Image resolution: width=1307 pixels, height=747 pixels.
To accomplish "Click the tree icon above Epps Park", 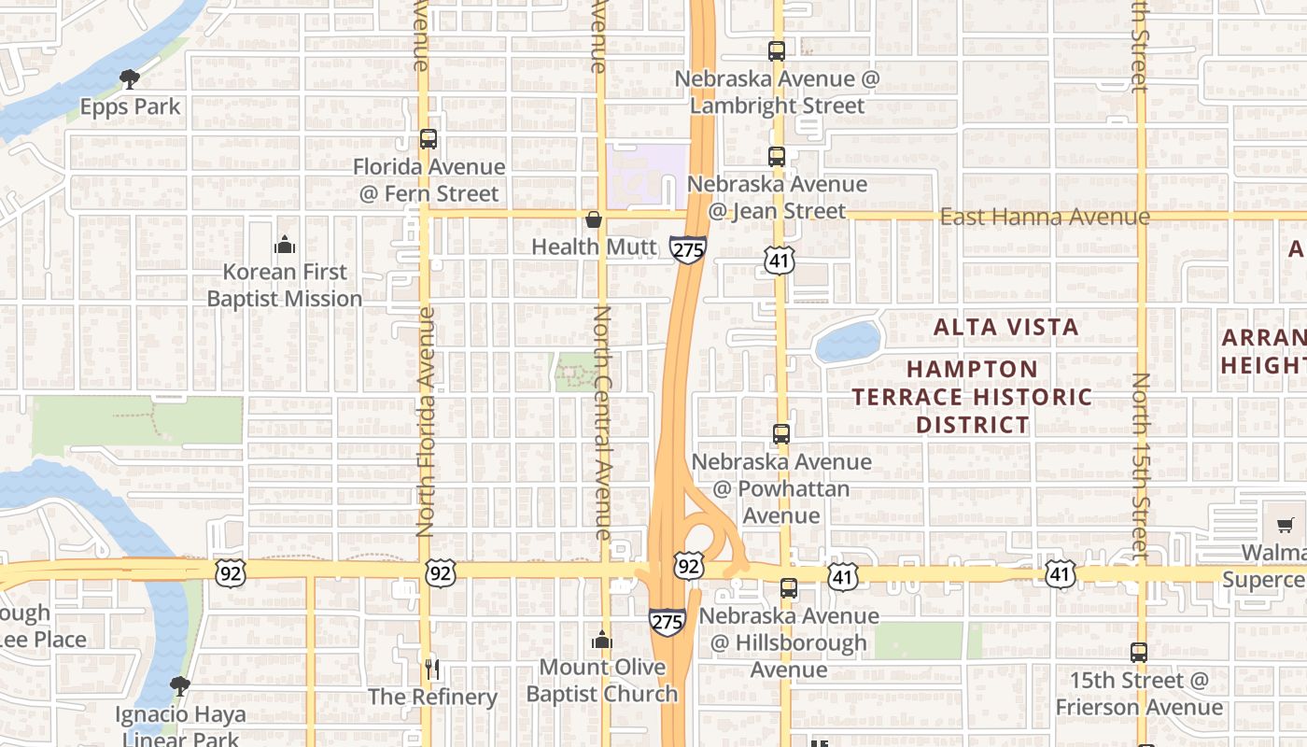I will [x=130, y=79].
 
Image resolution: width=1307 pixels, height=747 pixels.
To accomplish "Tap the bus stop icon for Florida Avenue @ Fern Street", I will [x=429, y=139].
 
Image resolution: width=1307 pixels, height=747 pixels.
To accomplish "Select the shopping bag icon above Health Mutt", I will [x=593, y=220].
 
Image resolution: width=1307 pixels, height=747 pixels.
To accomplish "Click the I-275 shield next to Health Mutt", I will [x=687, y=249].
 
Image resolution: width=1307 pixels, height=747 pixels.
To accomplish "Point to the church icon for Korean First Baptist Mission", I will [x=285, y=246].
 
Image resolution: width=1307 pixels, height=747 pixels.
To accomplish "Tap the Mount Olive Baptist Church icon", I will [x=602, y=641].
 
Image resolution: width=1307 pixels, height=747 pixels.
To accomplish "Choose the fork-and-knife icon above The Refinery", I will [x=431, y=669].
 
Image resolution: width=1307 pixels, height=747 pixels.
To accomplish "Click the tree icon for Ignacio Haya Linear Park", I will [x=180, y=687].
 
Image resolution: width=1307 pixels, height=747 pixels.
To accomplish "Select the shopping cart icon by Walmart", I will [x=1286, y=525].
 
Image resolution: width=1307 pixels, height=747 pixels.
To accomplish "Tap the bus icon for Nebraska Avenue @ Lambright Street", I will [x=777, y=51].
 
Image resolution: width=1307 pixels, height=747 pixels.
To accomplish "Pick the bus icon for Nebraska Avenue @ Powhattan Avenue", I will [x=781, y=434].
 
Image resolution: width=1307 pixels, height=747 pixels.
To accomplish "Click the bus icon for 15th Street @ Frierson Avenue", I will [x=1139, y=653].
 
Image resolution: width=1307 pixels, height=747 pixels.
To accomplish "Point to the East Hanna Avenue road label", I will [x=1045, y=218].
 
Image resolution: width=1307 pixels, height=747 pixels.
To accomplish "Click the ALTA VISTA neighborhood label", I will [x=1006, y=327].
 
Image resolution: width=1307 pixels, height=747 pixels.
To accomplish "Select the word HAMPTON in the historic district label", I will [x=972, y=370].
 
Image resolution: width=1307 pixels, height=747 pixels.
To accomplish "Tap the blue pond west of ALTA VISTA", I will [x=848, y=343].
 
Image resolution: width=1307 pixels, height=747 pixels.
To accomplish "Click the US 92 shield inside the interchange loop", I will [x=689, y=565].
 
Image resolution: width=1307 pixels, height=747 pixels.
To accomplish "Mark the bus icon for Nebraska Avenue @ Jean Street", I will [x=777, y=157].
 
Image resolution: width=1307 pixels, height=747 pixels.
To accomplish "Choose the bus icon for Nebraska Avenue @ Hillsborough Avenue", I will [x=789, y=588].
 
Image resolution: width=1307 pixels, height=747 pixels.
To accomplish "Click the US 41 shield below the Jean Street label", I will [x=779, y=260].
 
